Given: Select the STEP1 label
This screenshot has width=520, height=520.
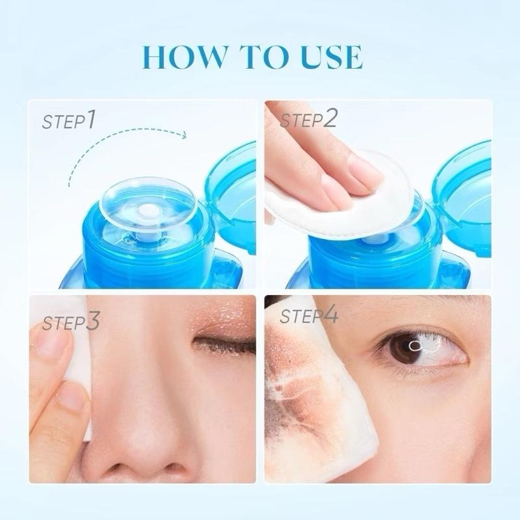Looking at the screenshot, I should (x=69, y=121).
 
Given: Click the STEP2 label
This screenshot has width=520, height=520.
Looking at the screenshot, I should (x=309, y=120).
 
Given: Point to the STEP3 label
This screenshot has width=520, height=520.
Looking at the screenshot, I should (x=71, y=321).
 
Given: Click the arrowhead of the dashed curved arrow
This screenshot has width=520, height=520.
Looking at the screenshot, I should (x=184, y=135).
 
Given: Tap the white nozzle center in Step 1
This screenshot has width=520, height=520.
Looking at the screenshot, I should (x=149, y=209).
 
